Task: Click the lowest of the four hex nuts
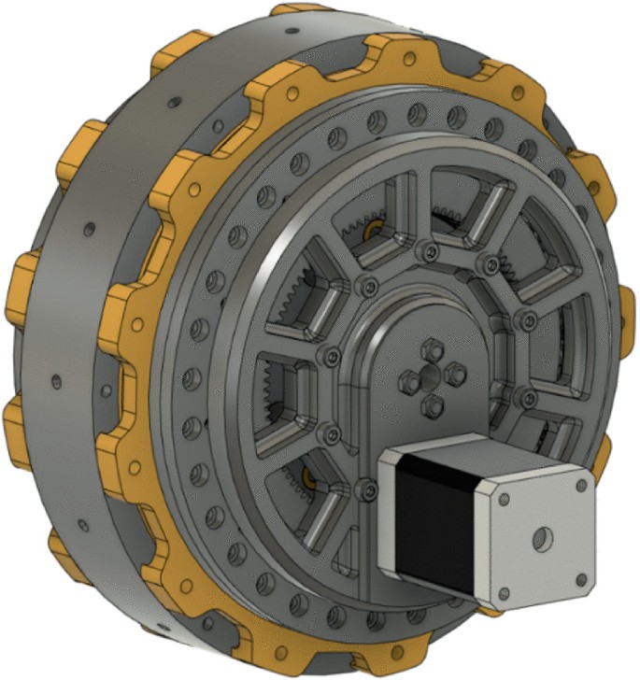(431, 407)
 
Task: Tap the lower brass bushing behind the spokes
(308, 477)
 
